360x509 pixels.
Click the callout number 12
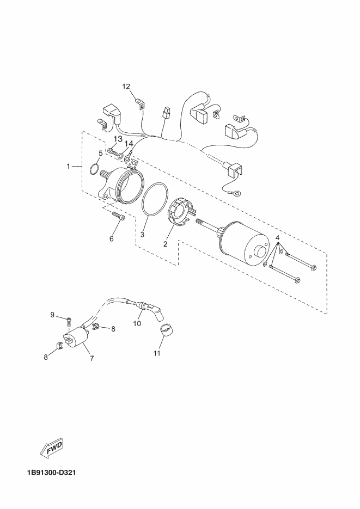pos(126,87)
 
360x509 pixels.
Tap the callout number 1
pos(69,166)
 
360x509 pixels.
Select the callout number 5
pos(101,154)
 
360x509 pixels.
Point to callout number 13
pos(118,139)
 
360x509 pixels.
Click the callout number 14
pos(129,144)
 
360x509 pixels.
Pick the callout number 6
pos(112,238)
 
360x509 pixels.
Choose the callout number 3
pos(142,235)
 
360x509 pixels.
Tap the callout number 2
pos(165,244)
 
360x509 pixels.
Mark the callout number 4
pos(277,238)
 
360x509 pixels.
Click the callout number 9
pos(53,315)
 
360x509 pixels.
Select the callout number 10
pos(137,323)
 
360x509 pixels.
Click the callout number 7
pos(91,359)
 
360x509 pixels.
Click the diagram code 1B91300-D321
pos(50,472)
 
